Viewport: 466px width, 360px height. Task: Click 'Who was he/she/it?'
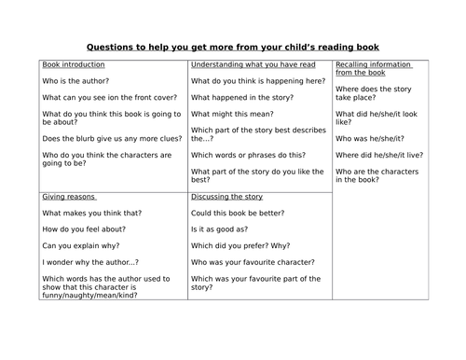click(370, 137)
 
